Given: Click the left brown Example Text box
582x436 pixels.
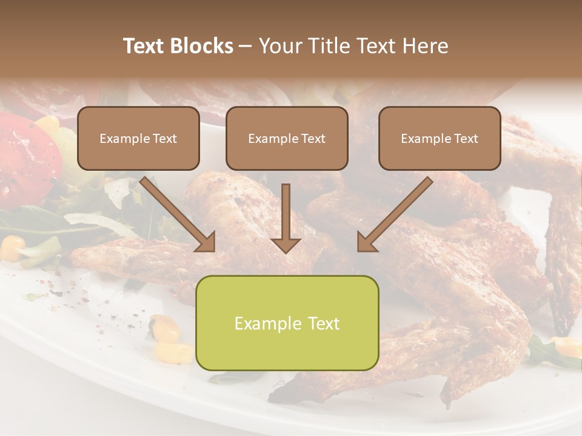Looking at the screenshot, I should pyautogui.click(x=138, y=138).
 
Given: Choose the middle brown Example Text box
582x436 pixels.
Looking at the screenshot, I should pyautogui.click(x=287, y=138).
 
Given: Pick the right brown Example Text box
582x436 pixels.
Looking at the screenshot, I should pyautogui.click(x=440, y=138).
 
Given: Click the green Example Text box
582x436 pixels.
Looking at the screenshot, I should pyautogui.click(x=287, y=323).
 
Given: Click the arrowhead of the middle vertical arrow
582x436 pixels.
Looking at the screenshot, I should pyautogui.click(x=286, y=244).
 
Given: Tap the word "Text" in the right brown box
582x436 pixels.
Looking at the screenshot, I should pyautogui.click(x=466, y=138).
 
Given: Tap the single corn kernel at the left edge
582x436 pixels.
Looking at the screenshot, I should pyautogui.click(x=12, y=245).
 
